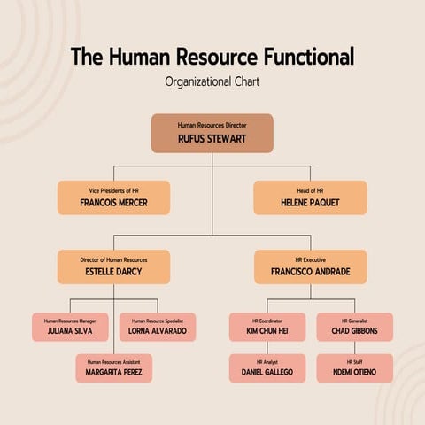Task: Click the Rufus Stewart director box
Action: (212, 133)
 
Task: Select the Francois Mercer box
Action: (113, 197)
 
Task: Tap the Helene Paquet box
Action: (310, 197)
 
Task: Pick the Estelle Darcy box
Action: (113, 267)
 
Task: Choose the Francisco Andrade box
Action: (310, 267)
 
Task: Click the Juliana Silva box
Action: (70, 327)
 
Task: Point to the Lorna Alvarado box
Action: (158, 327)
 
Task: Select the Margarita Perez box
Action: (113, 367)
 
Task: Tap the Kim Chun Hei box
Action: (267, 327)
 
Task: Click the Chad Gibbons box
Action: (354, 327)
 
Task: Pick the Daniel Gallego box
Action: (267, 367)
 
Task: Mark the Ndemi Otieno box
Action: (354, 367)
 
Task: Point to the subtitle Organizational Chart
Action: (212, 81)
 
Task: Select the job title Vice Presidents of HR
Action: (113, 190)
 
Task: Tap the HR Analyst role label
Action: (267, 361)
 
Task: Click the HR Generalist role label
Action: (354, 320)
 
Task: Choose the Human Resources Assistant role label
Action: (113, 361)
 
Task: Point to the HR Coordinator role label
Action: (267, 320)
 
